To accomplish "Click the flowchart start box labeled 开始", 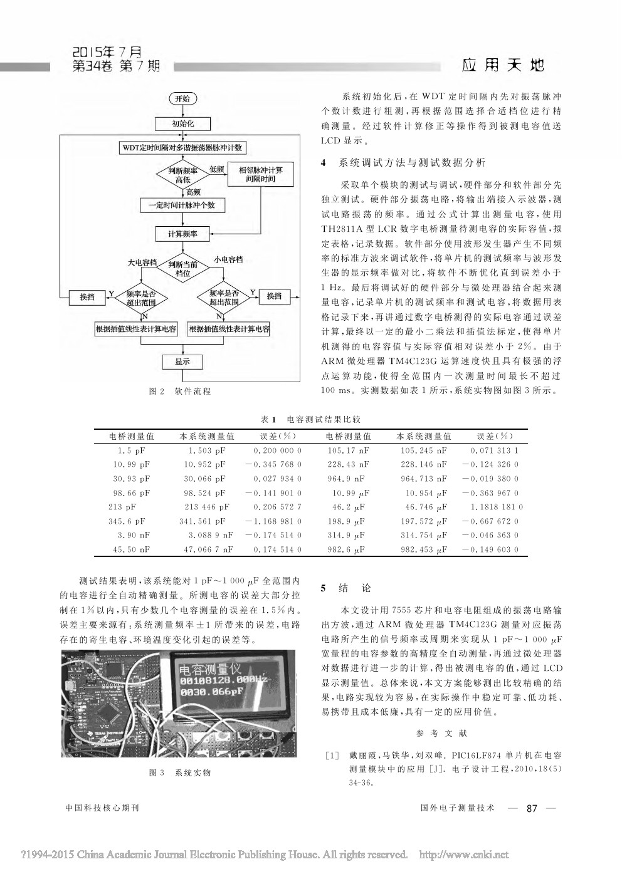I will [x=182, y=98].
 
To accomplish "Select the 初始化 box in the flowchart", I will [x=182, y=123].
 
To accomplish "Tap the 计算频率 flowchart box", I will [x=182, y=234].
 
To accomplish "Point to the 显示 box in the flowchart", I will [x=182, y=361].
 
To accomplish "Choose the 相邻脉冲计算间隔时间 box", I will [x=260, y=174].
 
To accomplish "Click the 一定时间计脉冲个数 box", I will [x=182, y=205].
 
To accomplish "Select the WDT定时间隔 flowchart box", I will [x=182, y=148].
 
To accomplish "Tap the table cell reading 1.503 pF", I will [x=207, y=450].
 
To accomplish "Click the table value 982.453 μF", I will [x=424, y=549].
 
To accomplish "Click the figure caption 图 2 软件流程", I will [x=180, y=391].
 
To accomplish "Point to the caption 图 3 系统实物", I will [x=180, y=772].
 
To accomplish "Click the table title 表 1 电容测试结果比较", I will [x=310, y=419].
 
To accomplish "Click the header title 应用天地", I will [x=503, y=65].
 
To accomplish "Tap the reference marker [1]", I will [x=332, y=756].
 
